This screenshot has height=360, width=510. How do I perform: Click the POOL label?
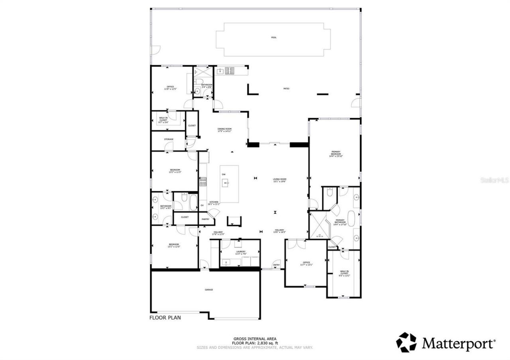273,37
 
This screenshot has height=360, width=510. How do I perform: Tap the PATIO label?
286,88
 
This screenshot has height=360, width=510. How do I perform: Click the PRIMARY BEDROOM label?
335,154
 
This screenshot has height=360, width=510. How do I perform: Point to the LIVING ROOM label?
280,180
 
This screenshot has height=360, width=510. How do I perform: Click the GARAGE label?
209,290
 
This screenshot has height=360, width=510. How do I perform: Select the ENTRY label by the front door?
276,265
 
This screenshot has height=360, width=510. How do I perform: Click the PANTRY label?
206,219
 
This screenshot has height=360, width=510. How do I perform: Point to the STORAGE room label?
169,139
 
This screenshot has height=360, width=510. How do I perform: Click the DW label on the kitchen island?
224,174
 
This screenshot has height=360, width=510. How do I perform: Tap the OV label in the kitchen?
202,205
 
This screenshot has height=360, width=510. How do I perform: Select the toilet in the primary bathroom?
330,192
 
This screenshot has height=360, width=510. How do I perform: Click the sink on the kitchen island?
226,183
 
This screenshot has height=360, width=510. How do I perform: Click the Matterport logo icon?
406,342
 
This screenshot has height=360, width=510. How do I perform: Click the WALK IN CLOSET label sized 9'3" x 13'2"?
344,273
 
